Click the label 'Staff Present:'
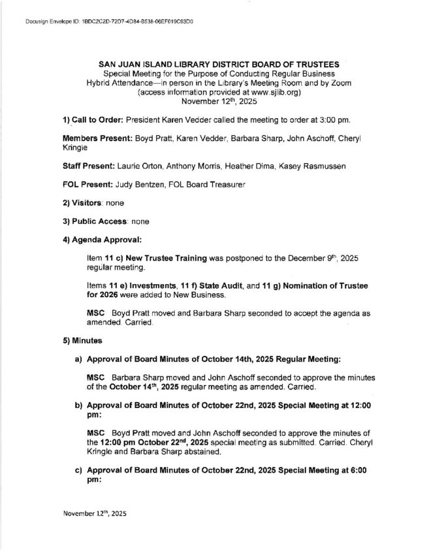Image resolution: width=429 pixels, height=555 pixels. [88, 168]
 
